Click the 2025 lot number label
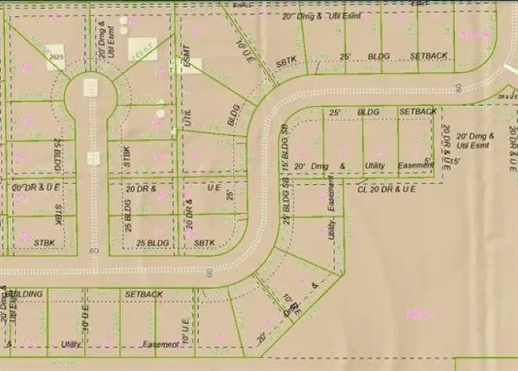coord(55,58)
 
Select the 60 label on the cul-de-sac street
coord(94,250)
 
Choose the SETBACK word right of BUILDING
coord(144,293)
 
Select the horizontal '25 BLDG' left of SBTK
coord(152,242)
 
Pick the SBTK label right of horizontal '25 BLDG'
coord(205,242)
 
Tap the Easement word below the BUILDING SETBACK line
coord(160,344)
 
